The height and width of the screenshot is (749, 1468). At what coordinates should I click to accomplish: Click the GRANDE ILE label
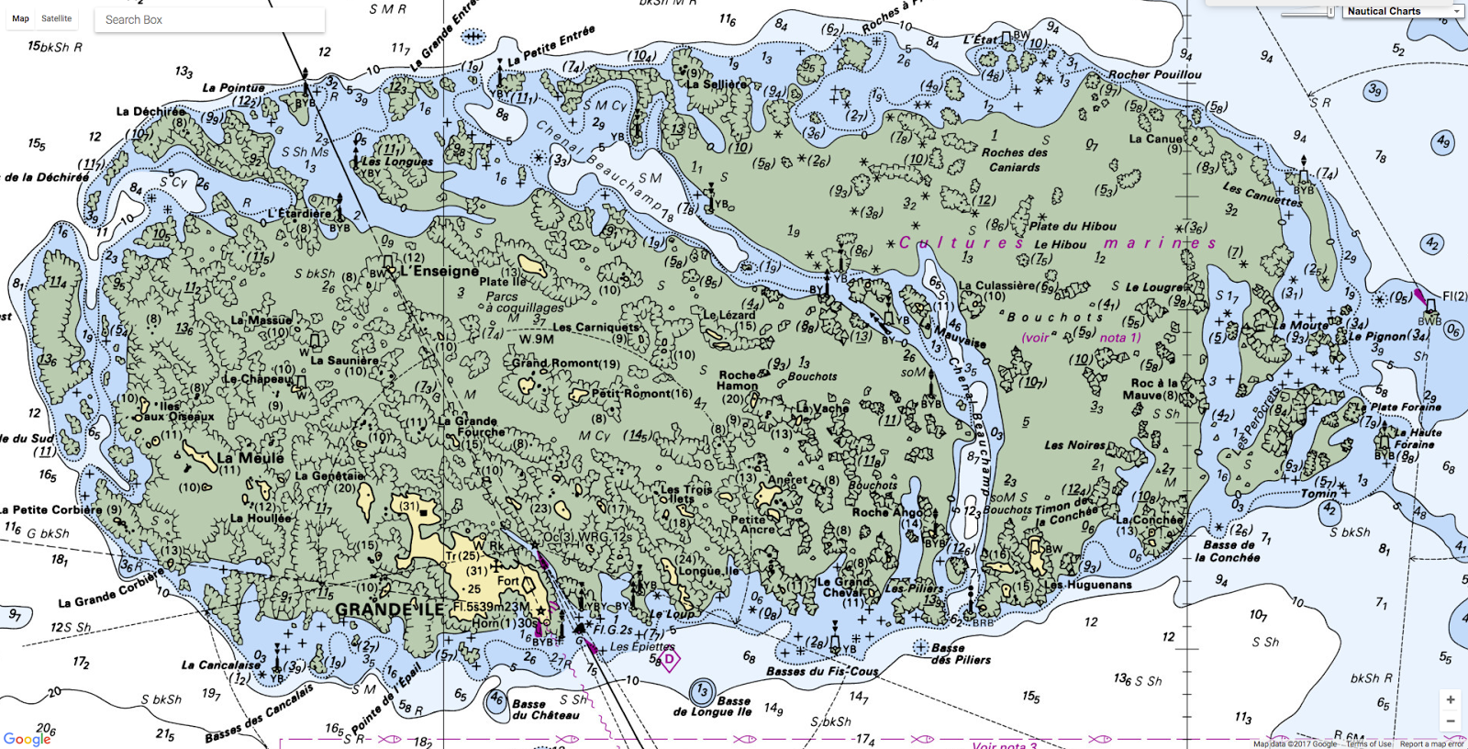pyautogui.click(x=389, y=609)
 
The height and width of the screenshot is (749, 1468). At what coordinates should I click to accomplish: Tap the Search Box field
pyautogui.click(x=209, y=19)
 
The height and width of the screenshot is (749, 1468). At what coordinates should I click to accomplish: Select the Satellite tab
pyautogui.click(x=56, y=18)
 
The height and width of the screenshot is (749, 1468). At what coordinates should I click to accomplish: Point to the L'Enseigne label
pyautogui.click(x=439, y=271)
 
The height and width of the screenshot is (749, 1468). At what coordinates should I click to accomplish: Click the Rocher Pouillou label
pyautogui.click(x=1154, y=74)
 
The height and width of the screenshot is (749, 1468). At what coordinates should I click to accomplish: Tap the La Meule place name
pyautogui.click(x=250, y=457)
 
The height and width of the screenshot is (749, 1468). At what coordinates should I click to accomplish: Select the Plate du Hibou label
pyautogui.click(x=1072, y=226)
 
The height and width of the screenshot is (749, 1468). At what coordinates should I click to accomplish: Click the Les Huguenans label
pyautogui.click(x=1087, y=584)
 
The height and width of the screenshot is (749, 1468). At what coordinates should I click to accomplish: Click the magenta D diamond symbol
pyautogui.click(x=669, y=659)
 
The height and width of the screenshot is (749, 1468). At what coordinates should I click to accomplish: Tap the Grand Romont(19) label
pyautogui.click(x=565, y=363)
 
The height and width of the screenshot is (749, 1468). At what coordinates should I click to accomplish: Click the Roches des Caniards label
pyautogui.click(x=1014, y=160)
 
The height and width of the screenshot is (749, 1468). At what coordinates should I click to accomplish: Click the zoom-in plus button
pyautogui.click(x=1450, y=699)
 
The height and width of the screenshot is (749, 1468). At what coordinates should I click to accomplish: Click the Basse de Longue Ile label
pyautogui.click(x=712, y=706)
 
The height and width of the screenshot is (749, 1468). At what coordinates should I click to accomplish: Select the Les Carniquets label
pyautogui.click(x=595, y=327)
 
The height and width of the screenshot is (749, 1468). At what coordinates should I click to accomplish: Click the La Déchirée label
pyautogui.click(x=150, y=111)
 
